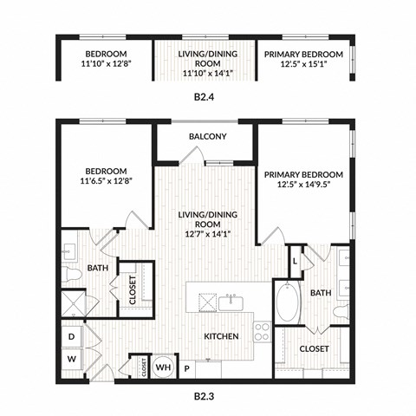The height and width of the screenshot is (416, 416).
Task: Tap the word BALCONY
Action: [x=207, y=137]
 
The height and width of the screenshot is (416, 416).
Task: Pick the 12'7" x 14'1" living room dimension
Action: [x=207, y=233]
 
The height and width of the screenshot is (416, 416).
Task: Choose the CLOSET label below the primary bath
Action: [x=314, y=348]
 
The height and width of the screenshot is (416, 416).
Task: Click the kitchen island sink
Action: [x=231, y=302]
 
